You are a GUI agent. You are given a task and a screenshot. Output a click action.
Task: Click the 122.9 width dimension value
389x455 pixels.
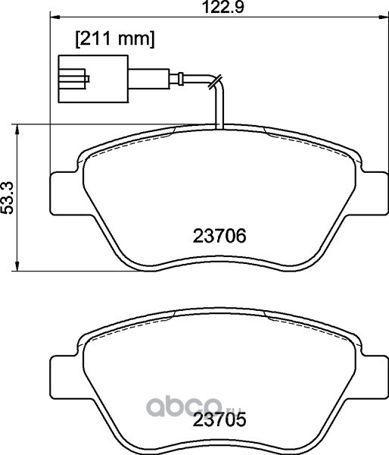223,7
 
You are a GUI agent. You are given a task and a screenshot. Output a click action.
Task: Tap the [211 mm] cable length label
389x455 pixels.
115,39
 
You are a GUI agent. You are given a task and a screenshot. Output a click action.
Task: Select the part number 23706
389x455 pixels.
219,236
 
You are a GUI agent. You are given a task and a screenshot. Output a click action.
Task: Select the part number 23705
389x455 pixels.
219,419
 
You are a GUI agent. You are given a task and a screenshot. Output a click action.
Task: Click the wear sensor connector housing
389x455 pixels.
93,79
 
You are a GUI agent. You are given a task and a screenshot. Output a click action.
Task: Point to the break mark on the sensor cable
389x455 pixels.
215,83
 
